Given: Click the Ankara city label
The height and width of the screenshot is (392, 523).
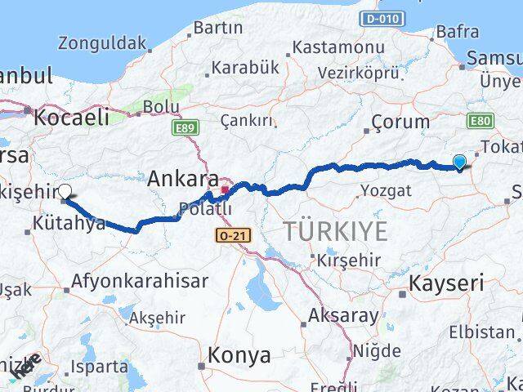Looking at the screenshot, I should [x=183, y=179].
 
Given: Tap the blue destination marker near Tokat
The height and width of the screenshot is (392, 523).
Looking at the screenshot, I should [x=459, y=163].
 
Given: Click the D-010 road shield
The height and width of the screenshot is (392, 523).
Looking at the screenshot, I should [x=380, y=17].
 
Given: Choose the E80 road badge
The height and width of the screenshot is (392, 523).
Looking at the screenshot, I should [x=481, y=120].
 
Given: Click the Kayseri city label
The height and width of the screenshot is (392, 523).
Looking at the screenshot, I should [x=447, y=284].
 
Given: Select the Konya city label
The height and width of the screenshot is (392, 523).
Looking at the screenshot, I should [x=239, y=355].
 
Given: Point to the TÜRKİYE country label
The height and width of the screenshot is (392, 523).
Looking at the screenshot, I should [x=336, y=232].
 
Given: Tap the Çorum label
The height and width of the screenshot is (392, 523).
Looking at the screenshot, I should [x=400, y=122].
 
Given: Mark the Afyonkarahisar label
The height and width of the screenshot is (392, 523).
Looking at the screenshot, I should [x=140, y=280].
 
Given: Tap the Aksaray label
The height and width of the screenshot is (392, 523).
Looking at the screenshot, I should [x=343, y=315].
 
